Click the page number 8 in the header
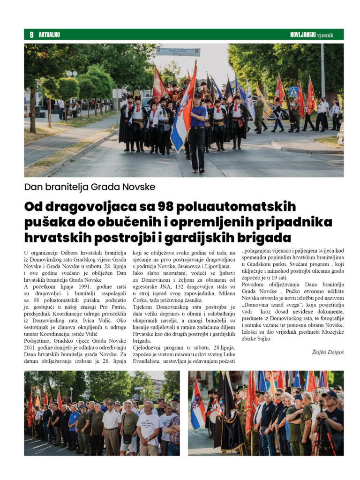(31, 35)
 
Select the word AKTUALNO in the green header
(49, 35)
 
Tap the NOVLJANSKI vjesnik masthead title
(311, 35)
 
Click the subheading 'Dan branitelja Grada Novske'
(90, 187)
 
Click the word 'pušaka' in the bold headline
(46, 221)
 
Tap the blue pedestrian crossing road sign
(294, 91)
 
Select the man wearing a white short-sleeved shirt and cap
(112, 424)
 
